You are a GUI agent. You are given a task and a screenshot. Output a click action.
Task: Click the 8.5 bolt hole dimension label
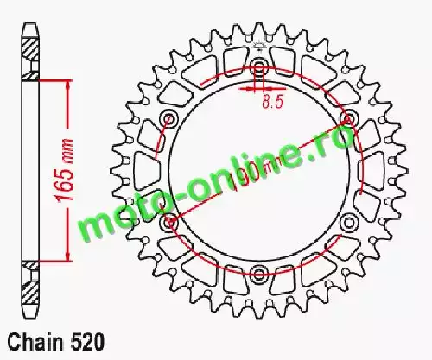click(x=273, y=101)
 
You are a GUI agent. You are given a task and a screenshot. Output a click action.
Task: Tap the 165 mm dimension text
click(x=64, y=170)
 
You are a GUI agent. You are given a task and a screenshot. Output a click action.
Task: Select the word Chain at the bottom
click(x=35, y=342)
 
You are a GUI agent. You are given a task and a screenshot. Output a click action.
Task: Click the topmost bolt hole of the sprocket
click(x=258, y=65)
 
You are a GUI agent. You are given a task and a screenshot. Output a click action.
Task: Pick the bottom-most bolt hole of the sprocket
click(x=258, y=272)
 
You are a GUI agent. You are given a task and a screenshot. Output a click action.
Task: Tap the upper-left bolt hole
click(x=168, y=118)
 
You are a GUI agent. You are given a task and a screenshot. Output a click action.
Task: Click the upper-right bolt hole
click(x=348, y=118)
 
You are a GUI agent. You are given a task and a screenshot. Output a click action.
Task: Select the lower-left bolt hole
click(x=168, y=222)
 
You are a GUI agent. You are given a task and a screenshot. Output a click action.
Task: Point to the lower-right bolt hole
click(x=348, y=222)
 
